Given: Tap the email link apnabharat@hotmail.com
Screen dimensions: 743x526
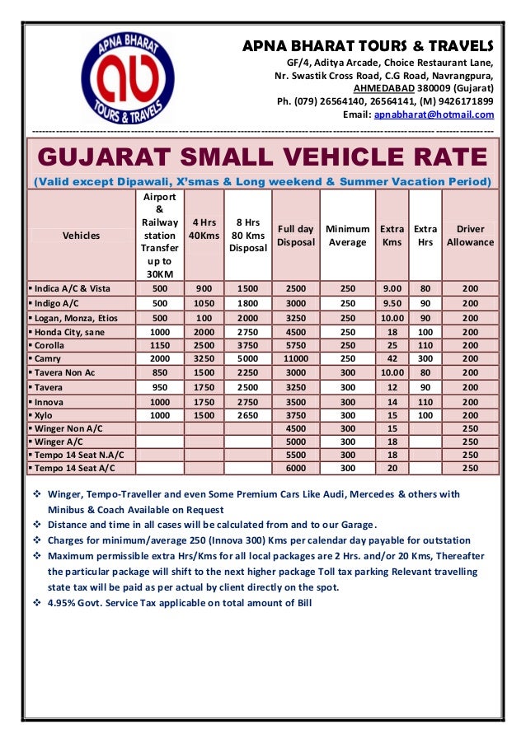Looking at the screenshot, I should [x=434, y=114].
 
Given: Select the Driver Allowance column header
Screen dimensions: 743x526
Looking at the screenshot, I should [x=470, y=236].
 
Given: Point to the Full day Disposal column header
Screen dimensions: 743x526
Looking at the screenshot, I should [x=295, y=236].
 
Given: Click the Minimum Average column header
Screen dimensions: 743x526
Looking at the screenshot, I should [x=347, y=236].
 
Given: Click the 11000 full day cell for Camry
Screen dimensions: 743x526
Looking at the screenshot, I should [x=295, y=359].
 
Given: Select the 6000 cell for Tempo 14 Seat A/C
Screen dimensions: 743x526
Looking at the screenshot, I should [x=295, y=468].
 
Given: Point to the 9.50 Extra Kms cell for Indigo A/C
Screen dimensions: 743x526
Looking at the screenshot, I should [x=392, y=302].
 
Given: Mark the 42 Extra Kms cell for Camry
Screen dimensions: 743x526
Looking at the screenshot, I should [x=392, y=359].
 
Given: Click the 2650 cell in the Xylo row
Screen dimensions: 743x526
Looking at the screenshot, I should [x=248, y=415].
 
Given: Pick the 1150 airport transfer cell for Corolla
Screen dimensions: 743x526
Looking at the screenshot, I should [x=160, y=345].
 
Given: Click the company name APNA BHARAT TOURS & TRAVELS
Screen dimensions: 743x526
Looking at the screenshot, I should [x=368, y=44].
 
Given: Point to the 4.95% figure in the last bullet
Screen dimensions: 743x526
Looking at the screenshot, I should [x=63, y=602].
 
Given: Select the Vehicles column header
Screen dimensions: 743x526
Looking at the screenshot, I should [x=81, y=236].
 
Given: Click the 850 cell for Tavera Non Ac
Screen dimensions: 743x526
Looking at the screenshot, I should [x=160, y=372].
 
